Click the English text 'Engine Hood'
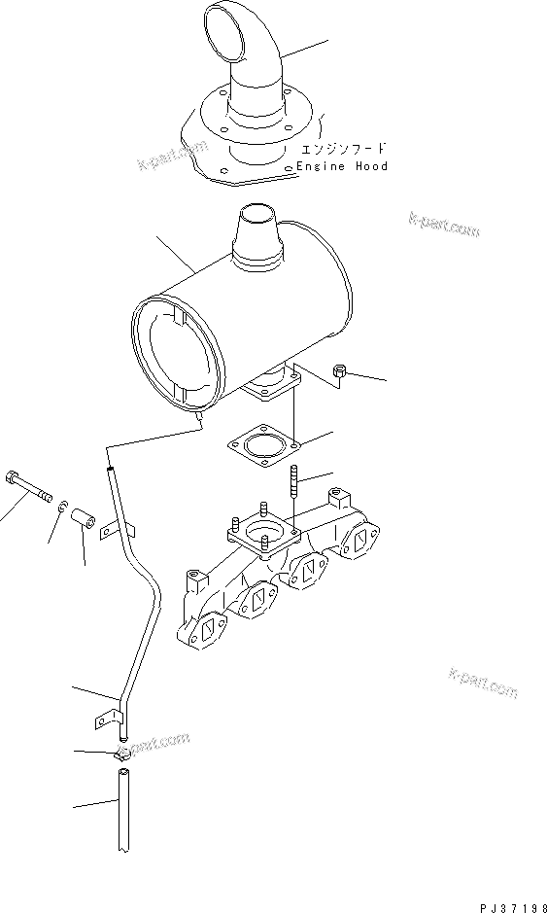(342, 166)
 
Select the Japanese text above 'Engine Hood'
(344, 149)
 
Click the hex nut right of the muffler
(341, 370)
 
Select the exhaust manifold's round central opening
(263, 532)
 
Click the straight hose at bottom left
(122, 812)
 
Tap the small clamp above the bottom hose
(121, 755)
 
